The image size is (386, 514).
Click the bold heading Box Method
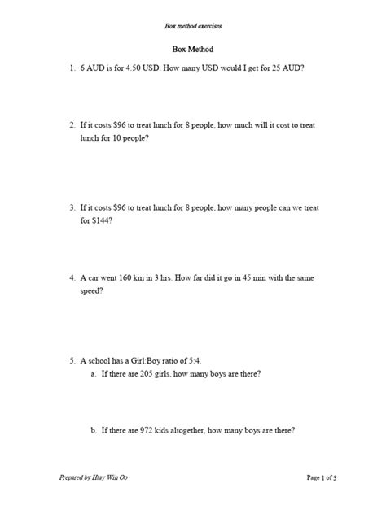coord(193,50)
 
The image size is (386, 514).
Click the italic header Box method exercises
coord(193,27)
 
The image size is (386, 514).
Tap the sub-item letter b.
coord(94,430)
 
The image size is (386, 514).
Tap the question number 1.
coord(71,69)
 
